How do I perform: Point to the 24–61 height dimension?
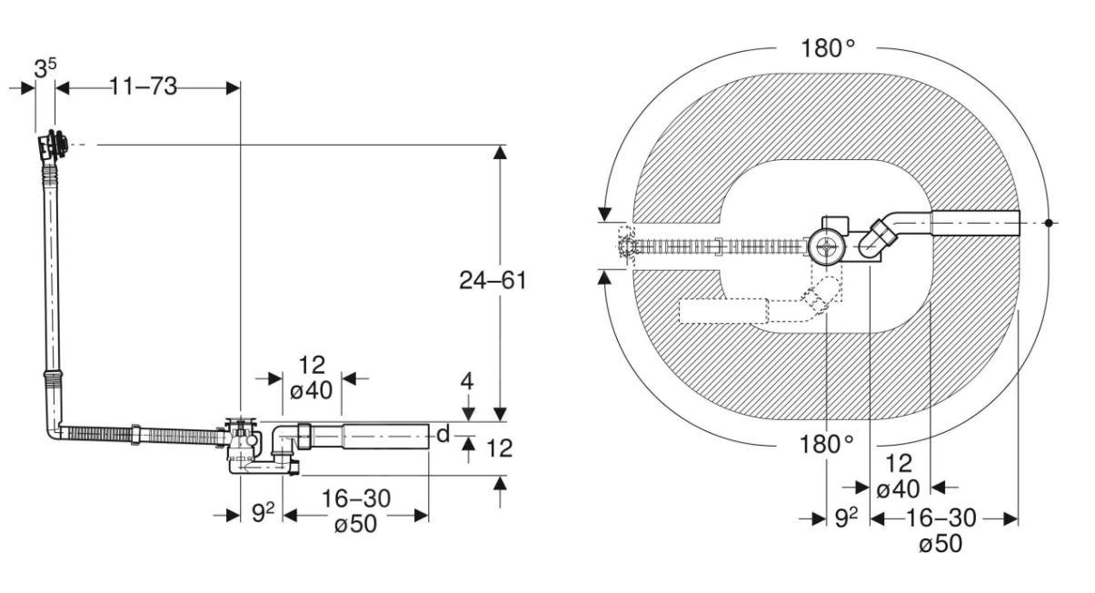(x=493, y=280)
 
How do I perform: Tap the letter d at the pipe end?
(x=443, y=435)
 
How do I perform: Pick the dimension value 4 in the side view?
(x=467, y=382)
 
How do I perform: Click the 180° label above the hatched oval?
(x=828, y=49)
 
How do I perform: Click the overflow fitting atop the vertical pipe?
(x=54, y=146)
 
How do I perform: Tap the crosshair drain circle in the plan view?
(x=826, y=246)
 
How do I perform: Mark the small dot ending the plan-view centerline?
(x=1049, y=222)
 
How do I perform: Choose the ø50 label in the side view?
(x=355, y=527)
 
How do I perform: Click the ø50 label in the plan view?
(x=940, y=544)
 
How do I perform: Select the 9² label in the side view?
(x=263, y=514)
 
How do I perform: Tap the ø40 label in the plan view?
(x=898, y=489)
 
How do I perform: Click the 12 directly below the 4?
(x=500, y=447)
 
